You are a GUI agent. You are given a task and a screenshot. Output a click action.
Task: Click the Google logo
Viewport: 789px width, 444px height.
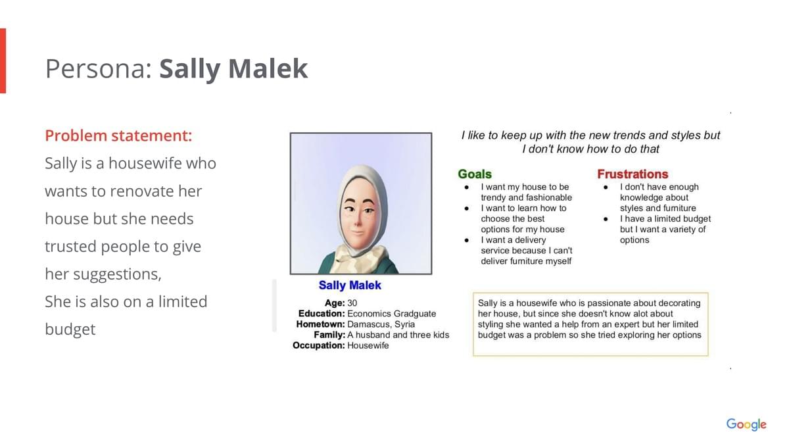tap(746, 424)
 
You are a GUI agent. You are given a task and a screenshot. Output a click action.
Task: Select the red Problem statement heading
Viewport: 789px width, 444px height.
tap(119, 136)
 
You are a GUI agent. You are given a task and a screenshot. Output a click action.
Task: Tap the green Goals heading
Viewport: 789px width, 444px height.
tap(475, 174)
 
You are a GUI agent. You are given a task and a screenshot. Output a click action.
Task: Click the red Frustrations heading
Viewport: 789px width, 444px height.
tap(633, 174)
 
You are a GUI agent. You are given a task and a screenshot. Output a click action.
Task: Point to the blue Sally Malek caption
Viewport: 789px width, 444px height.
tap(350, 285)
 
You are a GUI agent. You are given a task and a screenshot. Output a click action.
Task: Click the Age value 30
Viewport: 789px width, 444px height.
tap(352, 303)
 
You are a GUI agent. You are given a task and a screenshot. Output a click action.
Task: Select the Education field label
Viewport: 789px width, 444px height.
tap(322, 314)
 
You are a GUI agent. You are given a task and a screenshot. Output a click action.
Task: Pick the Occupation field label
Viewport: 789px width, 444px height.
tap(319, 346)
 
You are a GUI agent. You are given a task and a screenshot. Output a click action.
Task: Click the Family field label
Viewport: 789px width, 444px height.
tap(329, 335)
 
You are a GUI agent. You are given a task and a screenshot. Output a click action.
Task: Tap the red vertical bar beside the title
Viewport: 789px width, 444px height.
tap(3, 61)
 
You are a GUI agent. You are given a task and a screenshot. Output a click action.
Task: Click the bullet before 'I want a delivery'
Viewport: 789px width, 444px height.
tap(467, 240)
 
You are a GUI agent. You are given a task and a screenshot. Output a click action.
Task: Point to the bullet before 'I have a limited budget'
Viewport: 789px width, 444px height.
tap(606, 219)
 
